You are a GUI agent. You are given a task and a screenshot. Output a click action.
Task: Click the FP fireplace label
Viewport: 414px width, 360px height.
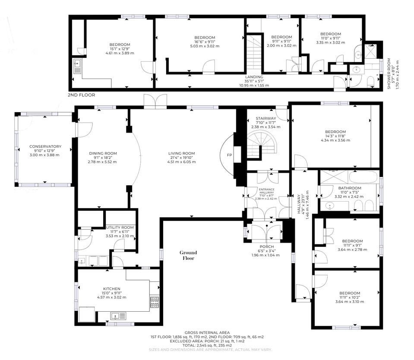(x=229, y=155)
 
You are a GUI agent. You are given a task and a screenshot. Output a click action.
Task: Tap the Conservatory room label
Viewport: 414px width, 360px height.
(x=45, y=146)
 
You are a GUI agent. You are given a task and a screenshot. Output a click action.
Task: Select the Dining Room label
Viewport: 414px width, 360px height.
(x=103, y=153)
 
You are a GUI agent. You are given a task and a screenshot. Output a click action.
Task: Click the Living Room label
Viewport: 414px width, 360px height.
(x=181, y=153)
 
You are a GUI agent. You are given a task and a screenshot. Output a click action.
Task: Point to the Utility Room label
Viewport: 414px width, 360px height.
(x=120, y=227)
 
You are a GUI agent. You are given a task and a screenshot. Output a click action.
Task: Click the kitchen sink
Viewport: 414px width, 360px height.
(x=119, y=316)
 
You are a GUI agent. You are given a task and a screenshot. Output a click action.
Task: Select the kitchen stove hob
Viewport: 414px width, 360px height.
(x=155, y=303)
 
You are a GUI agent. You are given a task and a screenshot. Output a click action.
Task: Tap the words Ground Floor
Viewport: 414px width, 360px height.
(x=188, y=255)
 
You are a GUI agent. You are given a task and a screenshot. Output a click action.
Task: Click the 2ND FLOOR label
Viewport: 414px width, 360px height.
(x=81, y=95)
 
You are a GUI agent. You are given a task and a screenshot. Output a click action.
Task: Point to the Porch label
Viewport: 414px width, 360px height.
(x=267, y=247)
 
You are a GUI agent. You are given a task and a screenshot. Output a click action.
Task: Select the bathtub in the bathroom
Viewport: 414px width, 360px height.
(x=363, y=177)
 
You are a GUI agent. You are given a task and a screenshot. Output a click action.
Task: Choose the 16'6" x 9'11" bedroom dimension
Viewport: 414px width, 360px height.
(x=205, y=42)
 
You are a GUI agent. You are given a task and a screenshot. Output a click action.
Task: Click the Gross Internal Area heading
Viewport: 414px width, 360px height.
(x=207, y=333)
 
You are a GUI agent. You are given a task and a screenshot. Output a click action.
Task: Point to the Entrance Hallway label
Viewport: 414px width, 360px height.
(x=266, y=191)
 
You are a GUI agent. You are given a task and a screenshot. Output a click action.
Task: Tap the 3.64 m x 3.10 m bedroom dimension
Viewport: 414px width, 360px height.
(x=350, y=302)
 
